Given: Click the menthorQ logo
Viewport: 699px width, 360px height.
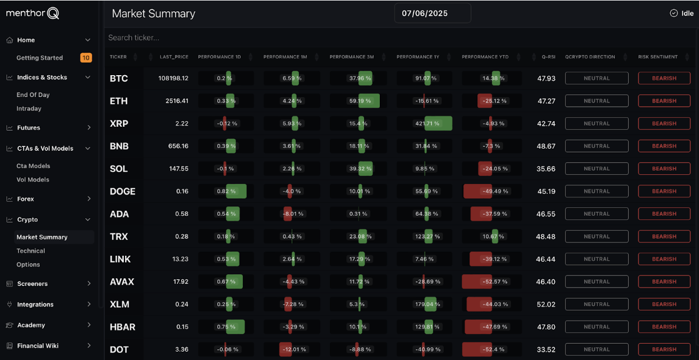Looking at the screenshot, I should [x=33, y=13].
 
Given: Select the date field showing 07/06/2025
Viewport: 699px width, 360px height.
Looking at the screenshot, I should [x=432, y=13].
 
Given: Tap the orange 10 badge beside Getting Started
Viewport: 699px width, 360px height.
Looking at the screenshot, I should [x=86, y=58].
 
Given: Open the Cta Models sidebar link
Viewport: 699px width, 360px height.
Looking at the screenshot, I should [x=33, y=166].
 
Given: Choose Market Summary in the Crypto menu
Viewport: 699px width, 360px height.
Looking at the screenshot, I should [x=42, y=237].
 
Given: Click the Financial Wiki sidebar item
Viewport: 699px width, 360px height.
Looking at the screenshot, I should [x=38, y=346].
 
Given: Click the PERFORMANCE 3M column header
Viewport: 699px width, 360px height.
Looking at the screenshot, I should [x=351, y=57].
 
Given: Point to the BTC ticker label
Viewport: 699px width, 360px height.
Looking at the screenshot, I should [x=119, y=79].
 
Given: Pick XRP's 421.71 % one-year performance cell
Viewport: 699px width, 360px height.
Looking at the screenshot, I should [x=427, y=123].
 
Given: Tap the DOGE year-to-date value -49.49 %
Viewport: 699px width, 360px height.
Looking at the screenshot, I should [x=493, y=191].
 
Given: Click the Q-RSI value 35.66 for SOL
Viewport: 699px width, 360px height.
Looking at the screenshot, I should [x=546, y=169].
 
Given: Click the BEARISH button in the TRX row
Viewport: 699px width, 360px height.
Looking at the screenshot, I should [x=664, y=237].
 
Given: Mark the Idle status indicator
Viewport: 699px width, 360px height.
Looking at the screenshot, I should [x=682, y=13].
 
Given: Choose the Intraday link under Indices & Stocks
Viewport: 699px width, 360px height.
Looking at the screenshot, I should [x=29, y=109].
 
